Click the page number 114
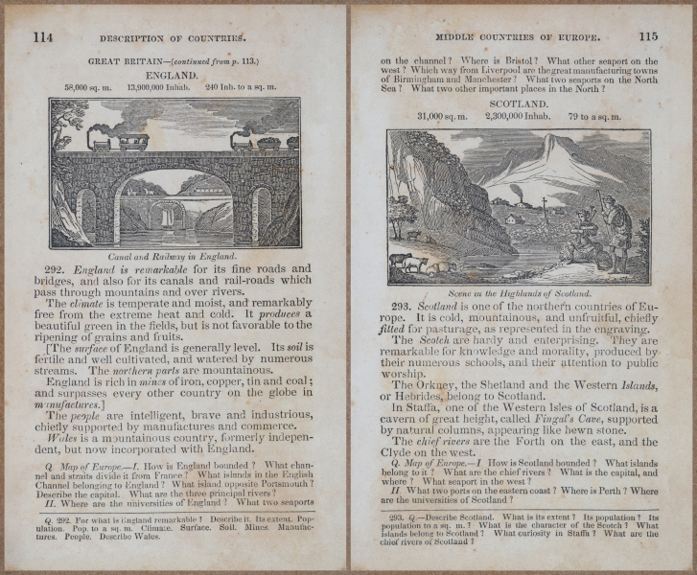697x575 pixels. [x=44, y=37]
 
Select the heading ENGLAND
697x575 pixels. [x=172, y=74]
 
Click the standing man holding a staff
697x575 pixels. [x=617, y=230]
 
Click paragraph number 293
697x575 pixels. [x=403, y=305]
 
